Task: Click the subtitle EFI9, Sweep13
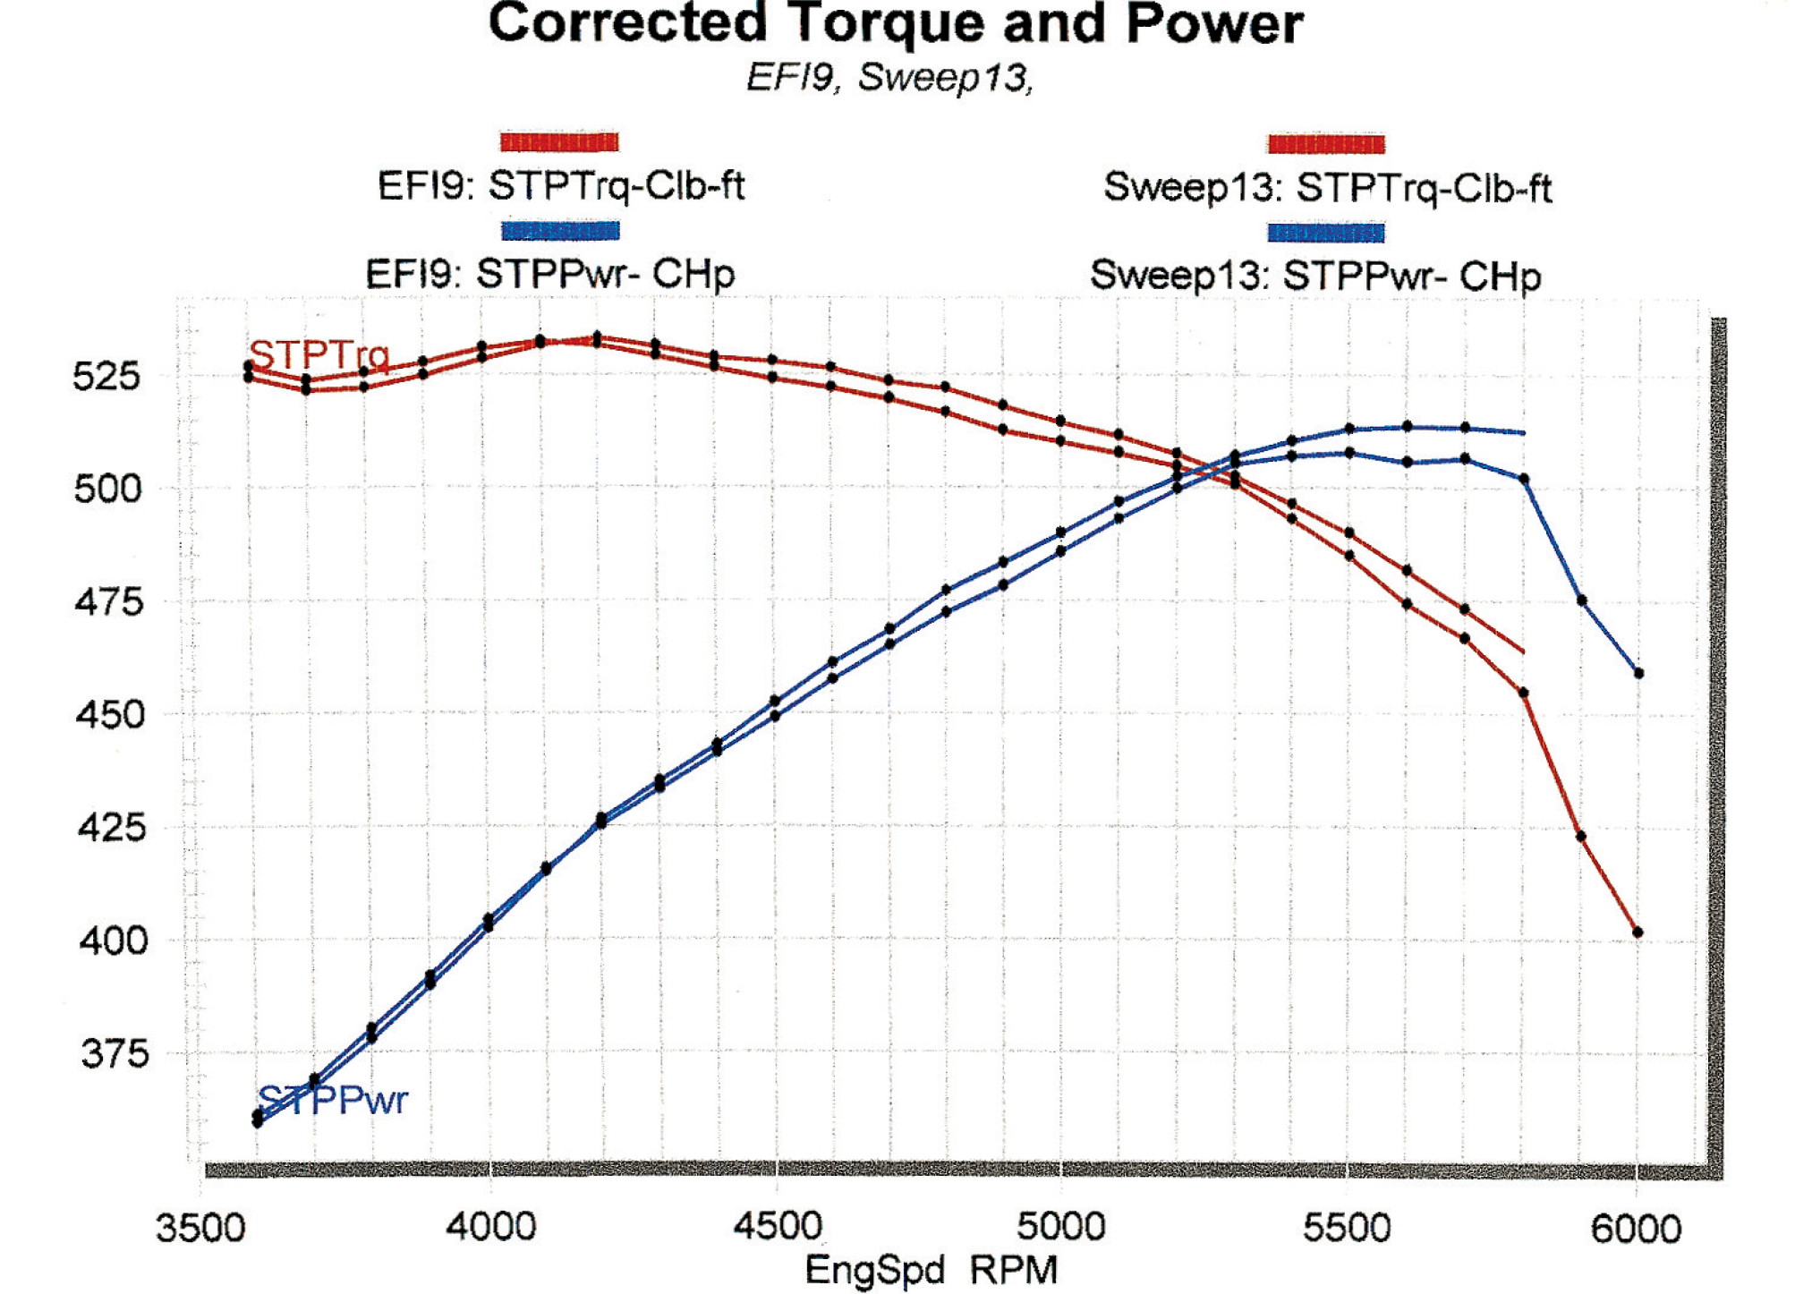(x=889, y=78)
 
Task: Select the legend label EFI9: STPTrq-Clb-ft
(x=561, y=186)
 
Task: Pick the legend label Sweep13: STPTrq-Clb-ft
(x=1327, y=189)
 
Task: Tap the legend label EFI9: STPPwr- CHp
(x=549, y=273)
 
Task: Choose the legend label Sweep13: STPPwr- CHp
(x=1315, y=276)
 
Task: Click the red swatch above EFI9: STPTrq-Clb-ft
(x=559, y=141)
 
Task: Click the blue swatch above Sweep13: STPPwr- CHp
(x=1325, y=233)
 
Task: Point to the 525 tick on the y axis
(x=106, y=376)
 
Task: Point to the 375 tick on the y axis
(x=114, y=1054)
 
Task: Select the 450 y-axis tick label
(x=108, y=715)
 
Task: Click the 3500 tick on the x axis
(x=200, y=1228)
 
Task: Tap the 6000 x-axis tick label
(x=1636, y=1228)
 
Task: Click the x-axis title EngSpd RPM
(x=931, y=1270)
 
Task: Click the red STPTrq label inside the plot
(x=319, y=355)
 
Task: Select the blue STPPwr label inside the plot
(x=333, y=1099)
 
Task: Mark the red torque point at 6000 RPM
(x=1638, y=932)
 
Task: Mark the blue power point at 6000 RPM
(x=1638, y=673)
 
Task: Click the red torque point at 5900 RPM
(x=1581, y=837)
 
